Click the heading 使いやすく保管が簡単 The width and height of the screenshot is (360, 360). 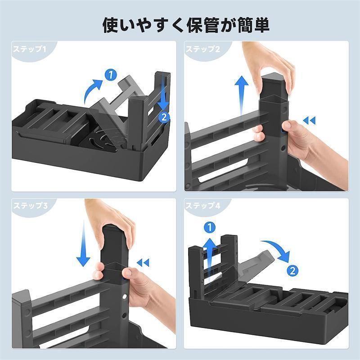pos(186,25)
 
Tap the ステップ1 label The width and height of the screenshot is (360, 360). pos(30,49)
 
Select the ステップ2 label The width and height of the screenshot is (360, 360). pos(203,49)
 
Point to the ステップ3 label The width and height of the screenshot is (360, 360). pos(31,205)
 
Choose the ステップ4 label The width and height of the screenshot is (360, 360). pos(203,205)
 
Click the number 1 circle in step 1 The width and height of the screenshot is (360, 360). pos(111,75)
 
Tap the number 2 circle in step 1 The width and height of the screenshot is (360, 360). pos(164,117)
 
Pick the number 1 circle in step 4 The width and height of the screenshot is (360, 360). pos(210,228)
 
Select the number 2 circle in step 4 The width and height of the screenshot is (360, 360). pos(292,271)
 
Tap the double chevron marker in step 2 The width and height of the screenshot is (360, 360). pos(309,120)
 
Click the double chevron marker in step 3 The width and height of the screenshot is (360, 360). pos(143,263)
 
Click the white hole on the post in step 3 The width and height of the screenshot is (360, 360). pos(125,297)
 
